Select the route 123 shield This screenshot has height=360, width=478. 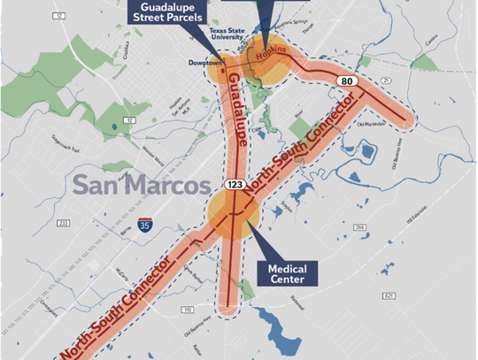click(x=235, y=184)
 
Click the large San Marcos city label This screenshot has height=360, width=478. click(x=143, y=187)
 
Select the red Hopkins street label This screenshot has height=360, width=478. click(x=272, y=54)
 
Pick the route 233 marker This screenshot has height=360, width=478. click(x=63, y=222)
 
